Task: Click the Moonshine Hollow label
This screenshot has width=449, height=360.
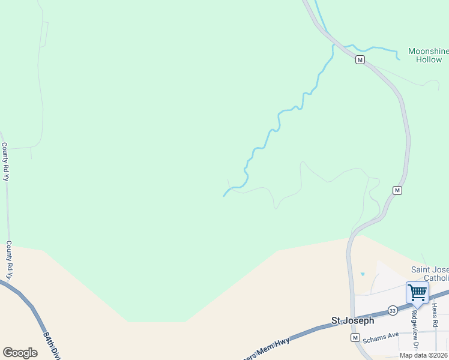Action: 428,55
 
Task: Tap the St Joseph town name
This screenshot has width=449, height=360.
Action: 353,321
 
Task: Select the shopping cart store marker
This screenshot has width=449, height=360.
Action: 417,293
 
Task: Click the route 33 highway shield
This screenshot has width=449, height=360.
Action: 392,310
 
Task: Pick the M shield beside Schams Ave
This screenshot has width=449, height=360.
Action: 355,338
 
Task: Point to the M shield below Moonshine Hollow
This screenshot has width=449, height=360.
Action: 360,59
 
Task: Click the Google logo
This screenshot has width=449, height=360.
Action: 20,352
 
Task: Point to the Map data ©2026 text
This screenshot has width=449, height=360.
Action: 424,355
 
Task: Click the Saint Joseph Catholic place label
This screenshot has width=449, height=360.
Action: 429,274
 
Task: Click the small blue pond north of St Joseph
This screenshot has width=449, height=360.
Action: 363,274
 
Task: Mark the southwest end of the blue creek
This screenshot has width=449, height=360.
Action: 224,195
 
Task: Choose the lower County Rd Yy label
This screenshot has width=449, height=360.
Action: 9,259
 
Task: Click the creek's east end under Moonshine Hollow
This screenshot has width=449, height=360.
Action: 399,58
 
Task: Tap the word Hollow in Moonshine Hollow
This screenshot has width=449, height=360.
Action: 429,59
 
